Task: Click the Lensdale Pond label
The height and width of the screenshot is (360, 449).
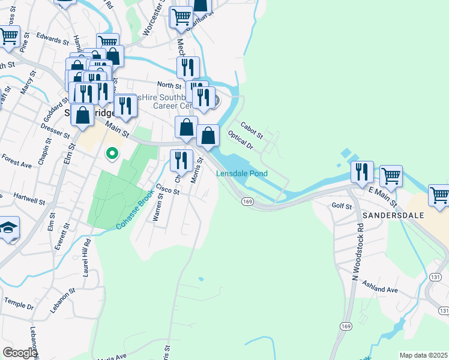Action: click(242, 173)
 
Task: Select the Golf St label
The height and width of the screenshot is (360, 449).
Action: click(342, 206)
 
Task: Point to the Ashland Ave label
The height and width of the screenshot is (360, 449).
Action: click(384, 290)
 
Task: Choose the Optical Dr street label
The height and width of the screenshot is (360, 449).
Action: click(241, 140)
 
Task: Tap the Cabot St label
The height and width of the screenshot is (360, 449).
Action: click(252, 127)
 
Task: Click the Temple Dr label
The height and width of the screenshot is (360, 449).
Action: click(19, 303)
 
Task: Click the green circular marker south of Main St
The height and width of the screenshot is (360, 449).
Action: click(111, 154)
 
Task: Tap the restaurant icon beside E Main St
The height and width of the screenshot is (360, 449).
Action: click(362, 171)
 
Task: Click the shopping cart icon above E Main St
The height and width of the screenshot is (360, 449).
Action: click(391, 176)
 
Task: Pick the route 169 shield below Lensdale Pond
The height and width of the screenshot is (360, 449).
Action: click(247, 202)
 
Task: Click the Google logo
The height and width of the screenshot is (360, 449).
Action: click(19, 353)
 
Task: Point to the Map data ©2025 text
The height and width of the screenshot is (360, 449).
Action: click(424, 355)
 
